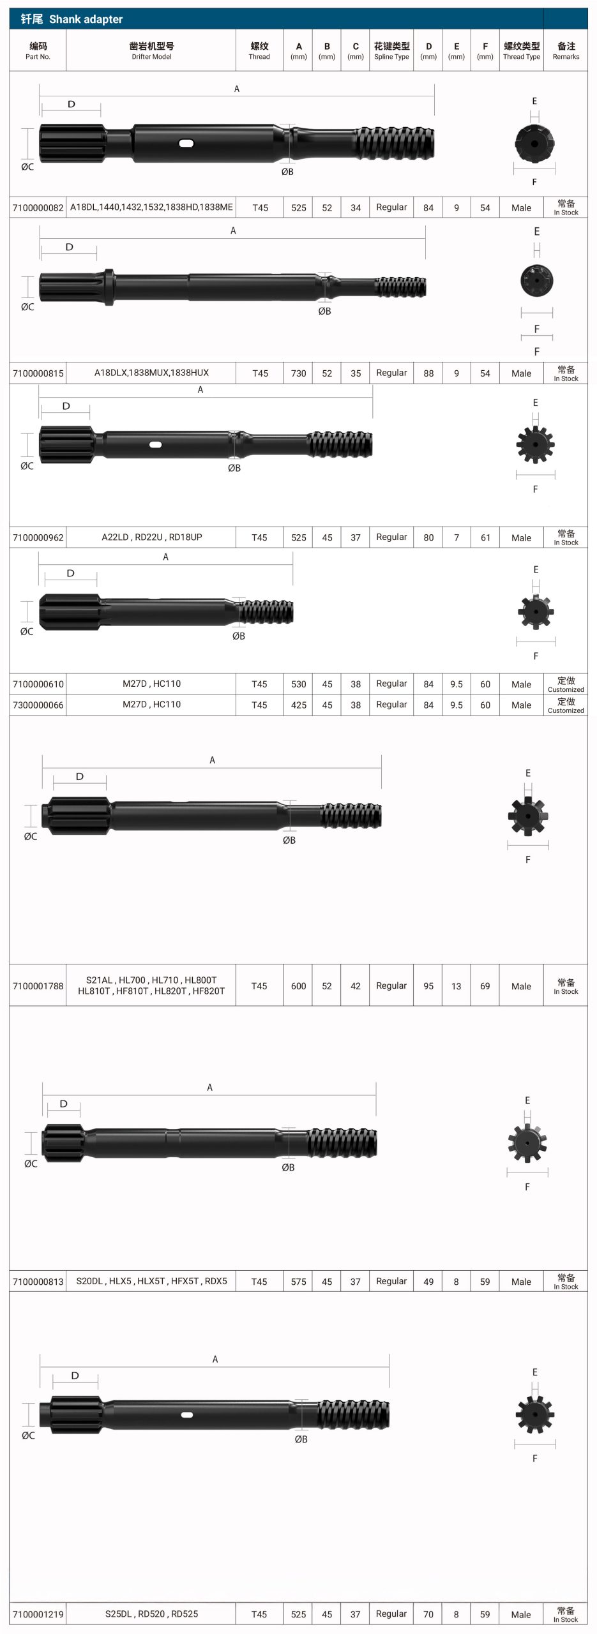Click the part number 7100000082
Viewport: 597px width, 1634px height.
coord(38,207)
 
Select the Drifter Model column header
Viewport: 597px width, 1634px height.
coord(151,50)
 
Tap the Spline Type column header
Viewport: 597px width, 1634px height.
coord(391,50)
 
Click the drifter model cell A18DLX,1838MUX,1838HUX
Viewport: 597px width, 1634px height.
coord(151,373)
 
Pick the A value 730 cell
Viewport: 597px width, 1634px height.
coord(299,373)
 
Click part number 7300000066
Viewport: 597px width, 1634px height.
coord(38,705)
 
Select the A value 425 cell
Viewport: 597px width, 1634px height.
coord(299,705)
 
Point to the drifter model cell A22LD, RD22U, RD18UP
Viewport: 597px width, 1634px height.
coord(152,537)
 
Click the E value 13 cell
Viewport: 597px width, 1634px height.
coord(456,986)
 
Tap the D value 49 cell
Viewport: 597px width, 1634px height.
coord(428,1282)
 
